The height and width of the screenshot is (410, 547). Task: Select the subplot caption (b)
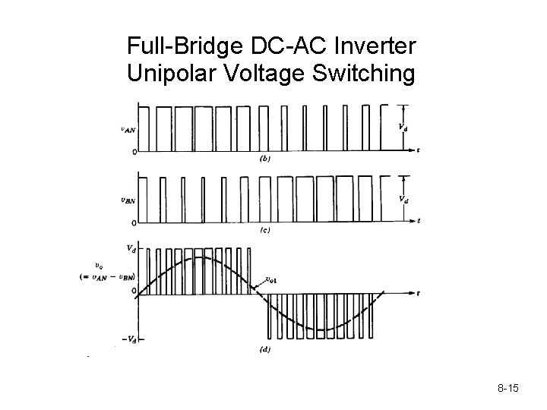(x=265, y=159)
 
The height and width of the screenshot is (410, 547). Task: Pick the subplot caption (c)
(x=265, y=229)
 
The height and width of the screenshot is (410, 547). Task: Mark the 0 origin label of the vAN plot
(x=134, y=152)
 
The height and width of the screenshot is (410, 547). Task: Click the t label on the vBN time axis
(x=419, y=221)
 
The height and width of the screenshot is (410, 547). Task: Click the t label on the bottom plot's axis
(x=419, y=292)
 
